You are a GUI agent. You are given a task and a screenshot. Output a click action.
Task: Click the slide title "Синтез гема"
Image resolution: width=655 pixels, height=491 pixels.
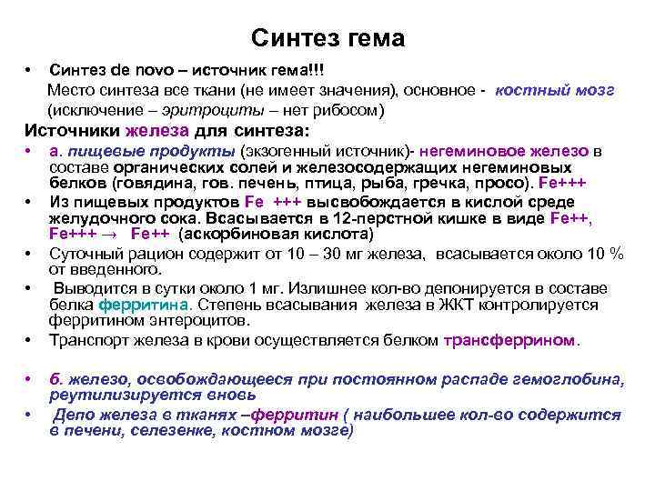327,39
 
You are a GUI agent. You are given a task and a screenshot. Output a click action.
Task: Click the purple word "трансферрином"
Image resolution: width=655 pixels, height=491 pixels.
509,340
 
